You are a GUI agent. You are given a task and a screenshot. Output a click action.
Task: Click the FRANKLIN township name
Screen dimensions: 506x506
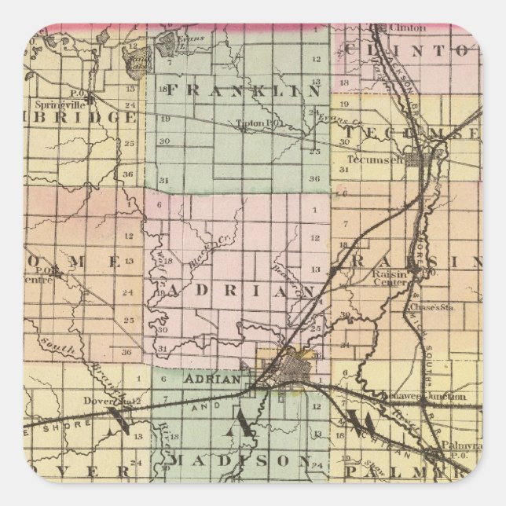(x=243, y=90)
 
